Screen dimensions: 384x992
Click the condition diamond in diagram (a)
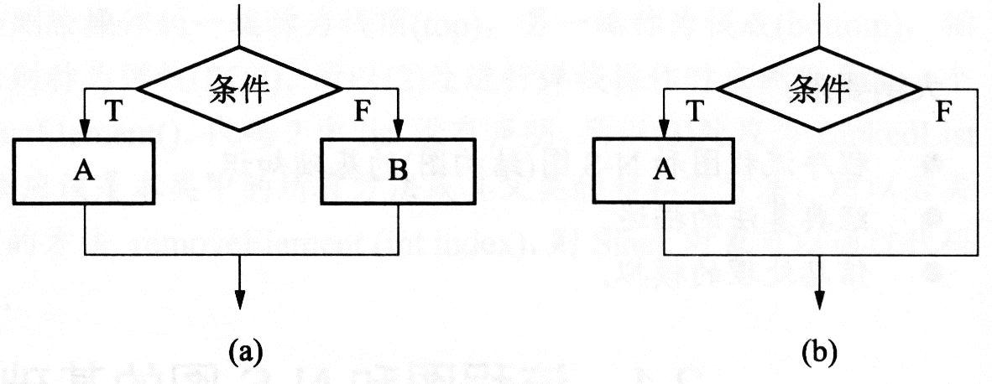coord(240,89)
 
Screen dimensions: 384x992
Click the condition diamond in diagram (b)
coord(818,87)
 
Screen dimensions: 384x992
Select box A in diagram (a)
coord(85,171)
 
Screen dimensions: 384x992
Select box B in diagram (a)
coord(398,171)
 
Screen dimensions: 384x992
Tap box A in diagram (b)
coord(663,171)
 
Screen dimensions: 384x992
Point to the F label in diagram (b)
coord(942,111)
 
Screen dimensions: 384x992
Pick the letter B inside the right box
coord(398,171)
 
